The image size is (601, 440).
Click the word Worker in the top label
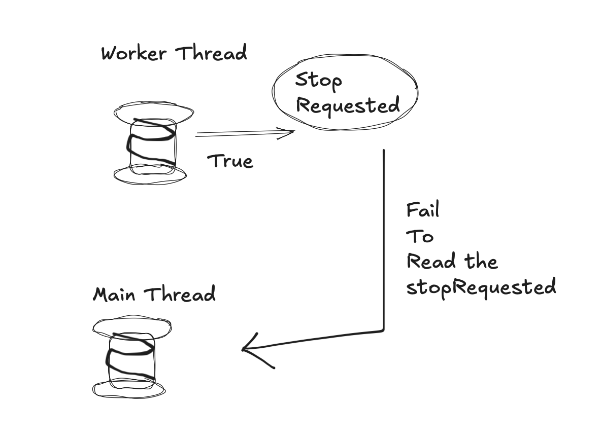(x=135, y=53)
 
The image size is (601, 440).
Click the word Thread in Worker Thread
(x=211, y=53)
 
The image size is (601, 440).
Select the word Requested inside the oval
(x=348, y=106)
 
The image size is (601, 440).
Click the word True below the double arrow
(x=230, y=161)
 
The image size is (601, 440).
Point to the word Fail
(x=422, y=210)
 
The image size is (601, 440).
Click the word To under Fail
(x=420, y=236)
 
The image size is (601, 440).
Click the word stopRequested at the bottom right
(x=481, y=287)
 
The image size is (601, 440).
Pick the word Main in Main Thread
(x=114, y=294)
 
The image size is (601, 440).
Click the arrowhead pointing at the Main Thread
(x=246, y=349)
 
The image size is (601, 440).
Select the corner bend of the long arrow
(x=383, y=331)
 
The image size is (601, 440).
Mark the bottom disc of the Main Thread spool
(x=129, y=389)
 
